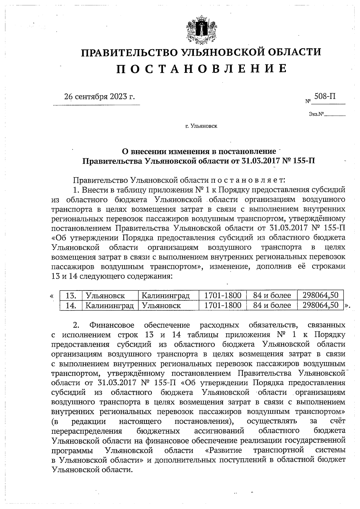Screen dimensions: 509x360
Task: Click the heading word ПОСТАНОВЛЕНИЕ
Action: pos(201,69)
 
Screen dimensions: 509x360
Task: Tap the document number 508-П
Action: pos(325,96)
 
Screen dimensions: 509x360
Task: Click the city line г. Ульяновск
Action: pos(201,126)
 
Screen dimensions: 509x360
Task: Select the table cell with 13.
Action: pos(71,296)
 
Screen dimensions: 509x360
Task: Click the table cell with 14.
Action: pos(71,305)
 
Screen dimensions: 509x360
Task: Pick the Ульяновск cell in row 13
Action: pos(105,296)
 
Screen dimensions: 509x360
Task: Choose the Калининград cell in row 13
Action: pos(166,296)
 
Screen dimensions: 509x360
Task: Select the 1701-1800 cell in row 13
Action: pos(223,296)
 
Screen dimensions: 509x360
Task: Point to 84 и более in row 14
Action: pos(272,305)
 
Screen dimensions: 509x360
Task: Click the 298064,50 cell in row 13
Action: pos(320,296)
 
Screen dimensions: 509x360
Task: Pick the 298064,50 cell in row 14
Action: pos(320,305)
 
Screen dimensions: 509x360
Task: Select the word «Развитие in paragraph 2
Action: pos(222,451)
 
